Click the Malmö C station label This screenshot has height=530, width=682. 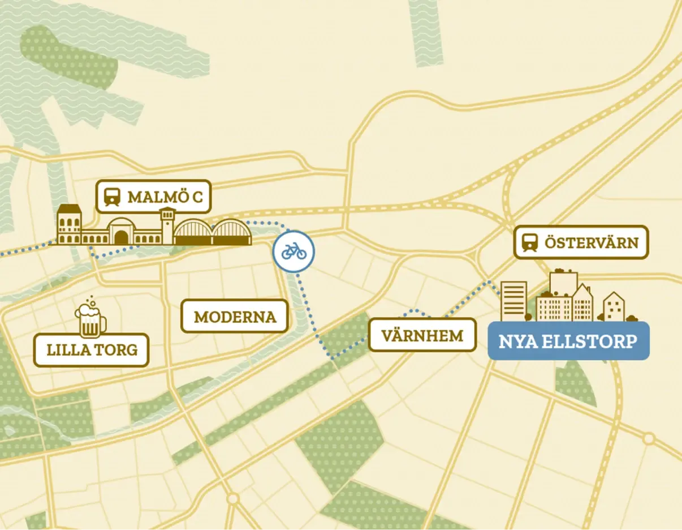[153, 196]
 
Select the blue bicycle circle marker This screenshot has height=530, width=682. [293, 251]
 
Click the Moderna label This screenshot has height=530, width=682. [235, 316]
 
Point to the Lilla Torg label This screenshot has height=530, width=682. [92, 350]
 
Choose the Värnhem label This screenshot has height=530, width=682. [422, 335]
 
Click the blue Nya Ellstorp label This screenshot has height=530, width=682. [568, 341]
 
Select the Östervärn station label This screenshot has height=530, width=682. [581, 243]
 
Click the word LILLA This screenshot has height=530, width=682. [66, 350]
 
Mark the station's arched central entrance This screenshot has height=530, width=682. [121, 234]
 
